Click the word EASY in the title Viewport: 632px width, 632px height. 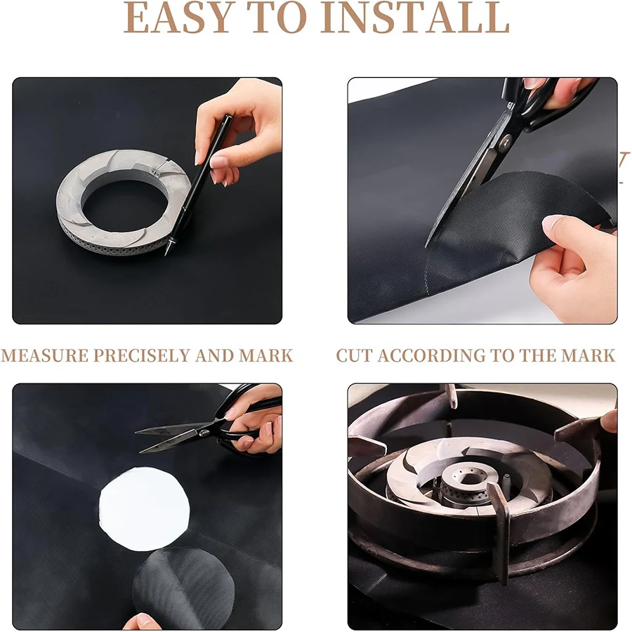click(179, 18)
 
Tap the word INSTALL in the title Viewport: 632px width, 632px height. click(415, 18)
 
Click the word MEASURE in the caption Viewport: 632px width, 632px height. click(45, 355)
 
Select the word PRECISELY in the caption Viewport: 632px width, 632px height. click(141, 355)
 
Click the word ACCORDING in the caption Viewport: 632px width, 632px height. click(431, 355)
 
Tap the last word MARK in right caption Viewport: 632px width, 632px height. click(588, 355)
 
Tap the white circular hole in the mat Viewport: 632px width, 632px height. click(144, 509)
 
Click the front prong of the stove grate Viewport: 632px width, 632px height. click(501, 532)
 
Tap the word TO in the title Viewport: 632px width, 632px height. click(277, 18)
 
